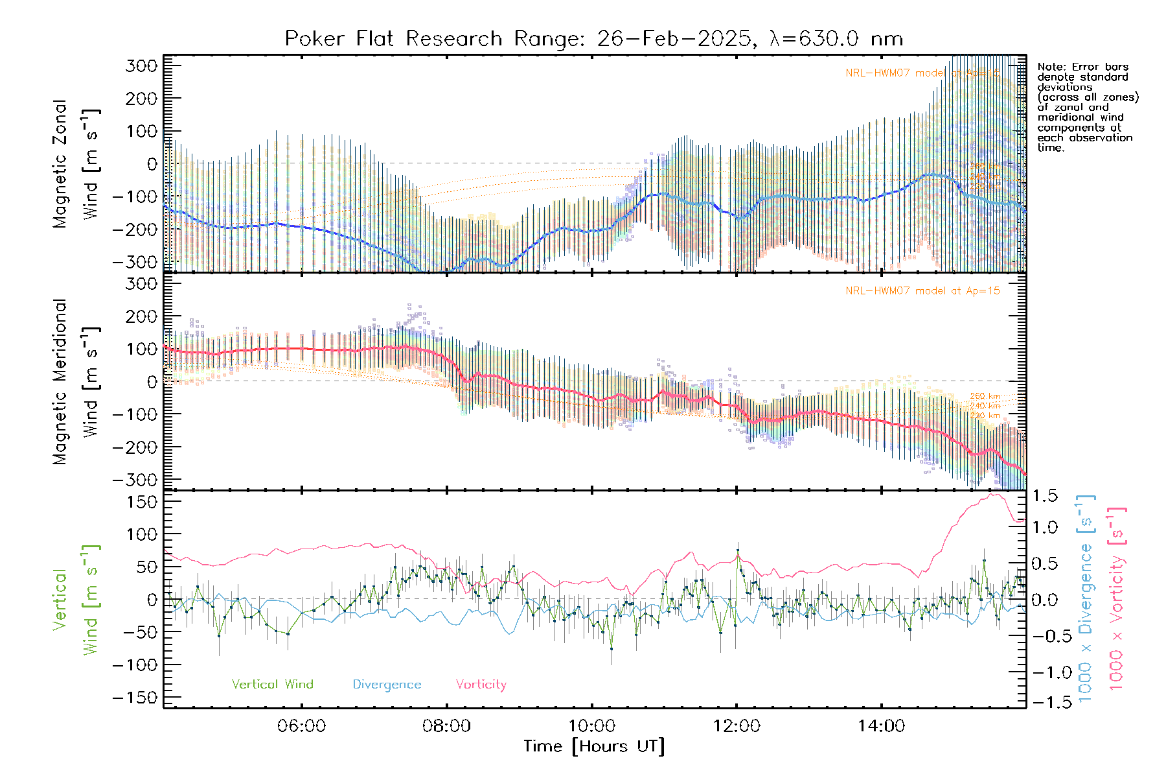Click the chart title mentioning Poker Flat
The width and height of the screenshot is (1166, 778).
(593, 39)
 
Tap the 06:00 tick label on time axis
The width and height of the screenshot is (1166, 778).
(301, 725)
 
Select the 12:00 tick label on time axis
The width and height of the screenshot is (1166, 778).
(737, 725)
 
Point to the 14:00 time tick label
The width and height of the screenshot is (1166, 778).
(882, 725)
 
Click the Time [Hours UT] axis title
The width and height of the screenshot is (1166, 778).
(594, 746)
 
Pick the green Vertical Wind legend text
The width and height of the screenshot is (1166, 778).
(272, 684)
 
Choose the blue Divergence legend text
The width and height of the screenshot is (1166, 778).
(387, 684)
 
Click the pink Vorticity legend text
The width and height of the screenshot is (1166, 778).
(481, 684)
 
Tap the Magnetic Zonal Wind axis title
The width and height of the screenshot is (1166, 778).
(76, 163)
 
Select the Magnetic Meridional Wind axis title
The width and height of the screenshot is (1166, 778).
(76, 382)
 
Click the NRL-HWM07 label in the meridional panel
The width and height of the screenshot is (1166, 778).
(922, 291)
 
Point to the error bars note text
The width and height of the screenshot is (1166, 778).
(1087, 107)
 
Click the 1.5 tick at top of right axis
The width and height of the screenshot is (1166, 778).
(1045, 496)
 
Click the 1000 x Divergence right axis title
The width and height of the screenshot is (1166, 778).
(1086, 598)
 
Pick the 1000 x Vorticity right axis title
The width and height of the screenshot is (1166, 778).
(1116, 598)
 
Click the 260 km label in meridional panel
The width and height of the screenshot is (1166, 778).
(985, 396)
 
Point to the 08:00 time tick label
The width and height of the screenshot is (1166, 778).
(446, 725)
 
